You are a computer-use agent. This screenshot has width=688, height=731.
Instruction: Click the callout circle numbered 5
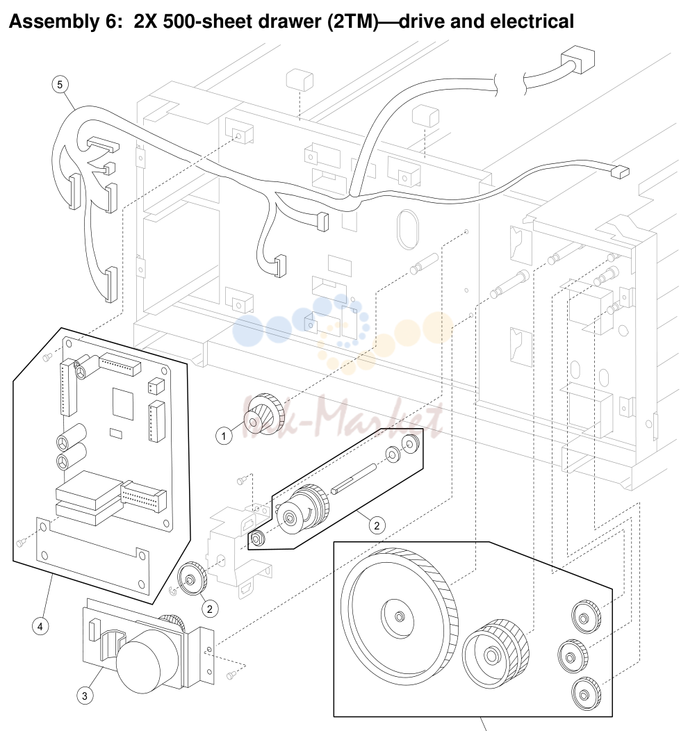[x=60, y=84]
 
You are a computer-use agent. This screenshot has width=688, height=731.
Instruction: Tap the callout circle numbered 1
[x=224, y=436]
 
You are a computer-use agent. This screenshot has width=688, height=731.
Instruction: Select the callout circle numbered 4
[x=40, y=627]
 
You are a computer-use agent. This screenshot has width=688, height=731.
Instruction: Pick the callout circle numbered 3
[x=84, y=696]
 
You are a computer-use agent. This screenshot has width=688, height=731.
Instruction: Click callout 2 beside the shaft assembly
[x=377, y=526]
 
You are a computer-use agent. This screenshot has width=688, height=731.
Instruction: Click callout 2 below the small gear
[x=210, y=609]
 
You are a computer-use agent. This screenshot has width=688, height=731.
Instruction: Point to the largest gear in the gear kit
[x=399, y=616]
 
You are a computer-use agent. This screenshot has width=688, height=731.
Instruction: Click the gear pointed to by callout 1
[x=264, y=414]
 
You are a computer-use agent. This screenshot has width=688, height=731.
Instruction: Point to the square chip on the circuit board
[x=122, y=404]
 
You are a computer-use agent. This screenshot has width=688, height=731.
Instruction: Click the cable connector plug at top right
[x=578, y=59]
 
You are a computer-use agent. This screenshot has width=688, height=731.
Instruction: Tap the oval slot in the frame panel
[x=408, y=229]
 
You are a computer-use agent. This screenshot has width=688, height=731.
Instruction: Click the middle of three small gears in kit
[x=573, y=656]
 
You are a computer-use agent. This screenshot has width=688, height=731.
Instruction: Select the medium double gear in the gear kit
[x=495, y=654]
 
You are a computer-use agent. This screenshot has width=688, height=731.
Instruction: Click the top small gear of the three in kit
[x=586, y=617]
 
